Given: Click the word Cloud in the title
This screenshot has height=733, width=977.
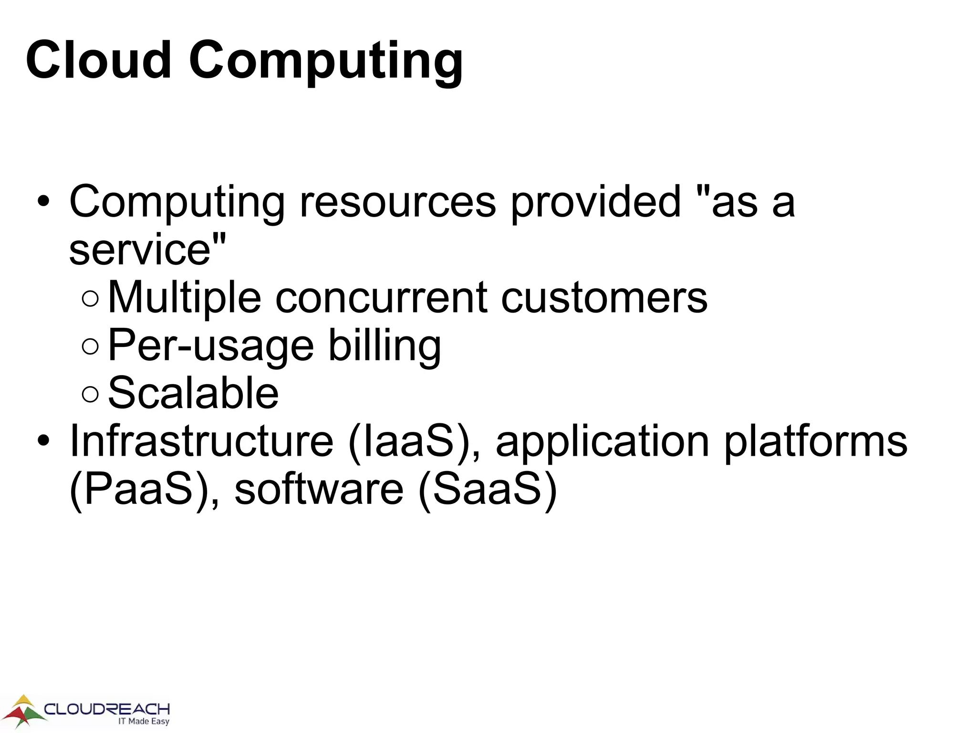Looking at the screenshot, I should [98, 61].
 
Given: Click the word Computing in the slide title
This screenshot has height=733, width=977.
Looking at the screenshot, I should [326, 62].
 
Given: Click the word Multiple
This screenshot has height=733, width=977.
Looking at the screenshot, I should [185, 298].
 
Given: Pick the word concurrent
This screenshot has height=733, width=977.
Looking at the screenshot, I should [382, 298].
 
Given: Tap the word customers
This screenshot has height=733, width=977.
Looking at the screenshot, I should [604, 298].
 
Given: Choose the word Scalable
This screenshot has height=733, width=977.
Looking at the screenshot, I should [193, 393].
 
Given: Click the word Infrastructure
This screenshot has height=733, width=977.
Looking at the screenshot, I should [201, 441].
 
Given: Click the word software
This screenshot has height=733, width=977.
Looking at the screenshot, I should [319, 490].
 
